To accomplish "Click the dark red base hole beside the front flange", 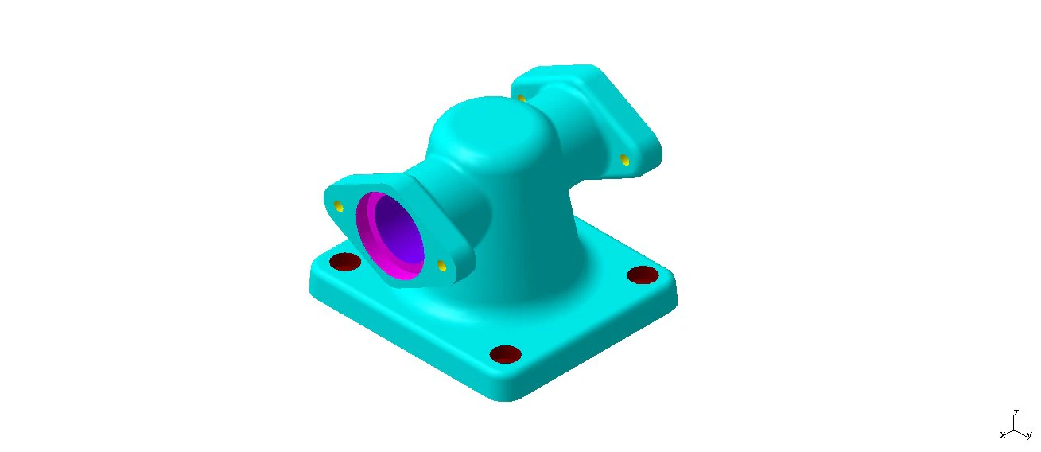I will [x=345, y=262].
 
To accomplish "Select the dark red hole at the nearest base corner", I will [x=505, y=354].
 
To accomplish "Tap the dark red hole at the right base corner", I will [x=643, y=275].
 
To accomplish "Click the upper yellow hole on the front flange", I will [x=339, y=207].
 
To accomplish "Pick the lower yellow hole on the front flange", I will [x=441, y=266].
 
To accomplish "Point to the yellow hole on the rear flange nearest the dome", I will [x=522, y=99].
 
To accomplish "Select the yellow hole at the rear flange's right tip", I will [x=625, y=161].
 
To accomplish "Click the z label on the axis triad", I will [x=1016, y=413].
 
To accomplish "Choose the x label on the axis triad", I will [x=1003, y=434].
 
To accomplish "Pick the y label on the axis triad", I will [x=1028, y=434].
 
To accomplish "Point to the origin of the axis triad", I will [x=1015, y=429].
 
